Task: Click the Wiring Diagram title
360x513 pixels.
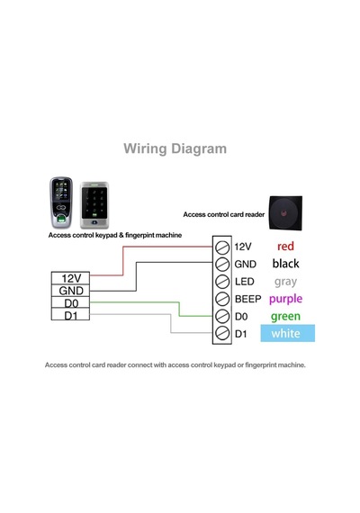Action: [x=175, y=148]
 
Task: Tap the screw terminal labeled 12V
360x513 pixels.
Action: [x=222, y=247]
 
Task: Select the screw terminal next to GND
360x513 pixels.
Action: [x=222, y=264]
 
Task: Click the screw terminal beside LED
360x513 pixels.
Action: [x=222, y=282]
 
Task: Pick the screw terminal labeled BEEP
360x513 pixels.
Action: [x=222, y=299]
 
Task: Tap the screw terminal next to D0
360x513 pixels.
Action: [x=222, y=316]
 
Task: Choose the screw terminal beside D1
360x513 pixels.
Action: [x=222, y=333]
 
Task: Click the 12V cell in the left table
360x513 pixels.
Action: [x=71, y=278]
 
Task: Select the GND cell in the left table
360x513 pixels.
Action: [x=71, y=291]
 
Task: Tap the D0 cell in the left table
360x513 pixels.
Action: [x=71, y=302]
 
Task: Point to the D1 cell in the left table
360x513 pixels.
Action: [x=71, y=314]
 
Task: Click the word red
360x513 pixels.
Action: [x=285, y=246]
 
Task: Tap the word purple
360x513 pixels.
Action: [x=285, y=299]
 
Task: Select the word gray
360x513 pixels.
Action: [x=285, y=282]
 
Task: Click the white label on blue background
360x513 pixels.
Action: [x=288, y=333]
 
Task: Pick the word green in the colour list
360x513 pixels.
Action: [x=285, y=317]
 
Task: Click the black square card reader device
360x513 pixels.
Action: [x=285, y=213]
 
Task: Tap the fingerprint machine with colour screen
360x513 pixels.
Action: [x=61, y=202]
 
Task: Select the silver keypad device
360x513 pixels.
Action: [x=94, y=205]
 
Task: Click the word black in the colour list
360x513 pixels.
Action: [x=285, y=264]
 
